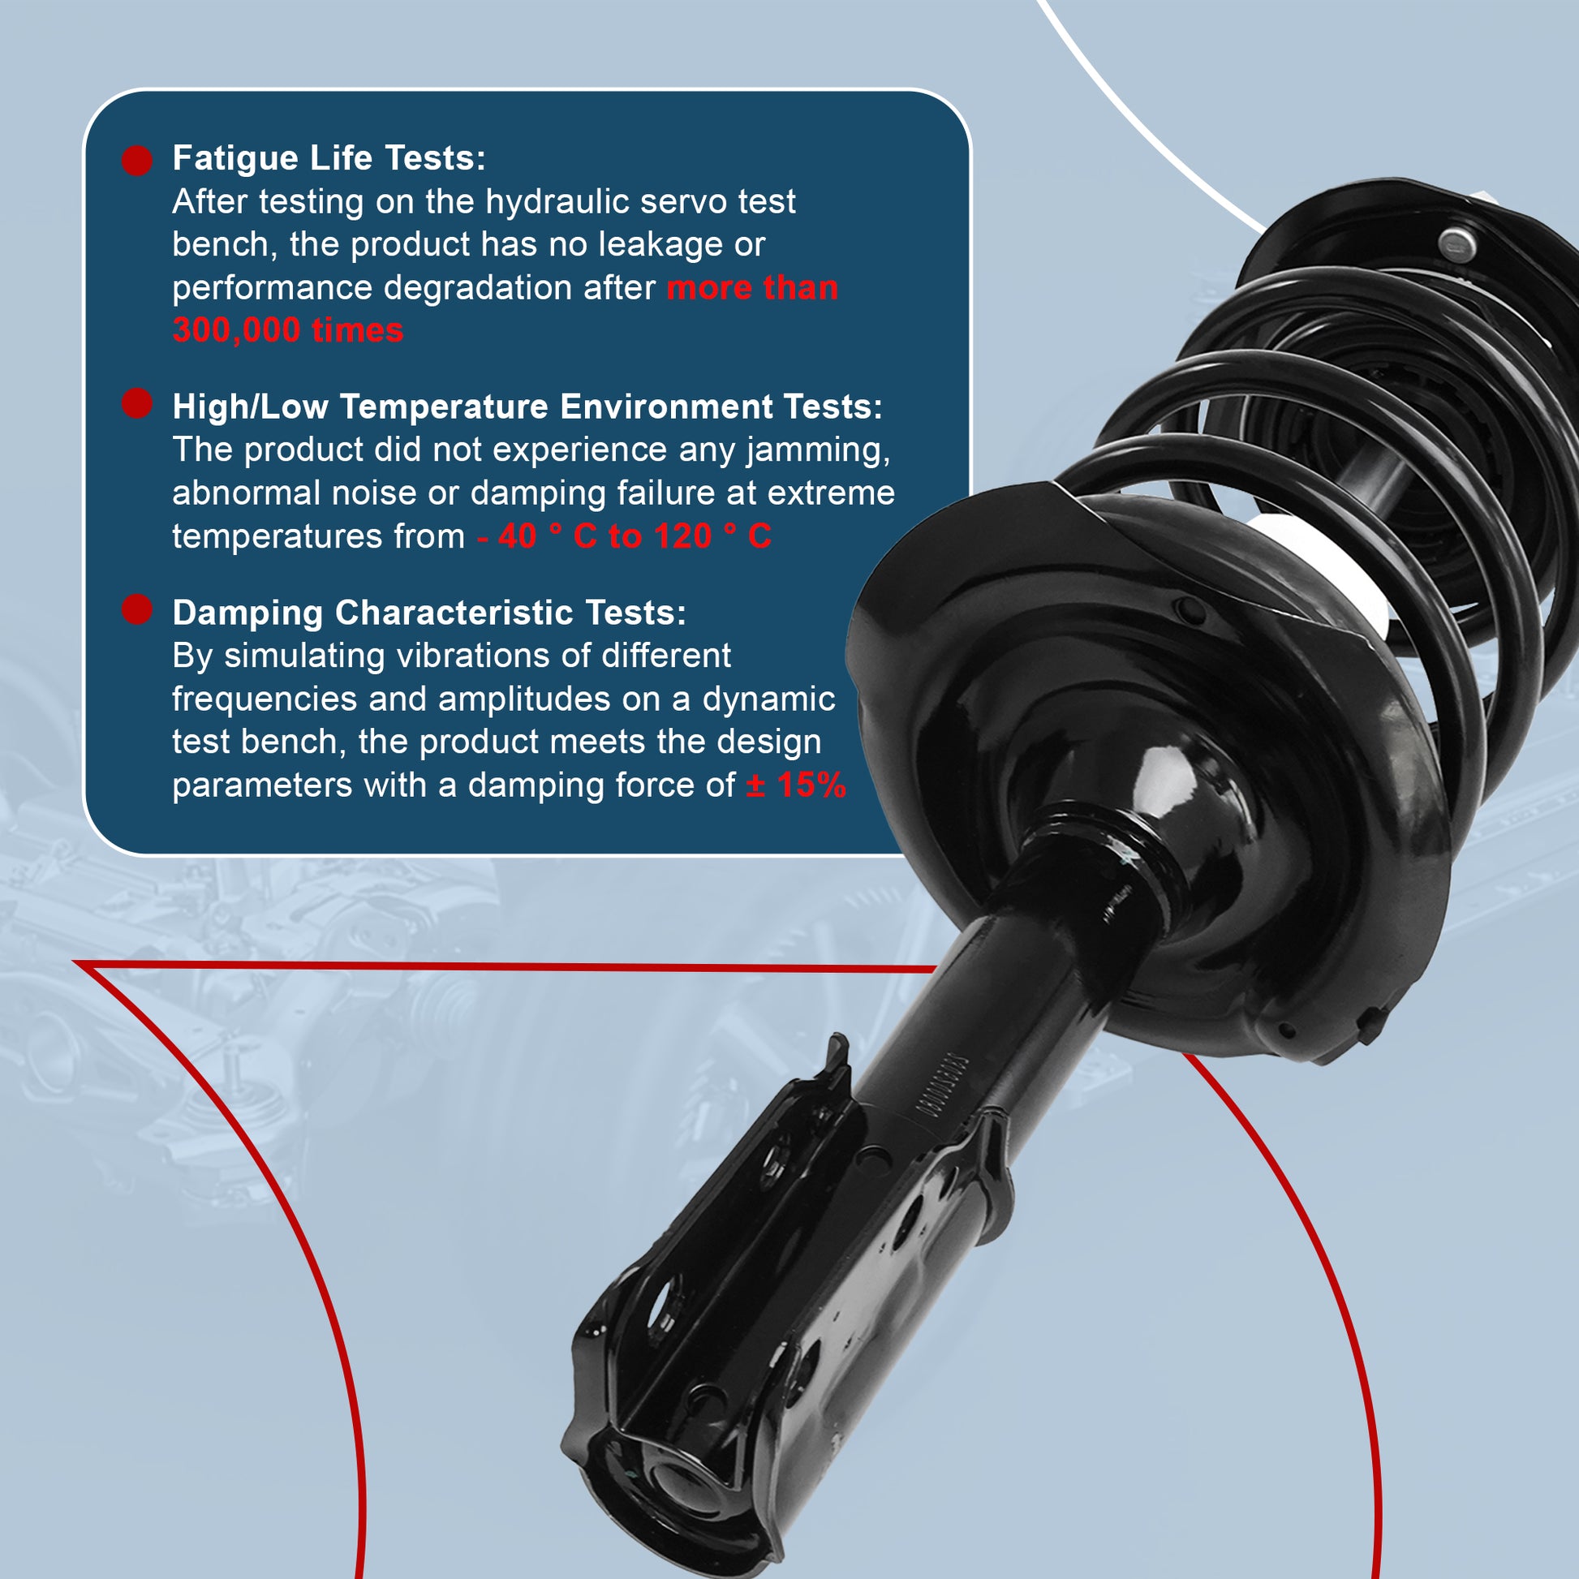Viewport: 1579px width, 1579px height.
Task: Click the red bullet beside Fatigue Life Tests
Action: (137, 160)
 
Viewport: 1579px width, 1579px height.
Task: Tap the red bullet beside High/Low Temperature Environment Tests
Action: (137, 403)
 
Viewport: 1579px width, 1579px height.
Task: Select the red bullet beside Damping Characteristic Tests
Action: (137, 609)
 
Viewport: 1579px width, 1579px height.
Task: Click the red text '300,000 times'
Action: (288, 331)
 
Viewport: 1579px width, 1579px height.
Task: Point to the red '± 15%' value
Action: (796, 785)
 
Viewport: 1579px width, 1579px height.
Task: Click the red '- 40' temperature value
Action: (506, 537)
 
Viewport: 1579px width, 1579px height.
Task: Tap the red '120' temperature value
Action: (683, 537)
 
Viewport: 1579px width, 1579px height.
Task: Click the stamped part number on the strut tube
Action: (938, 1088)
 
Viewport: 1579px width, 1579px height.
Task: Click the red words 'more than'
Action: (752, 289)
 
